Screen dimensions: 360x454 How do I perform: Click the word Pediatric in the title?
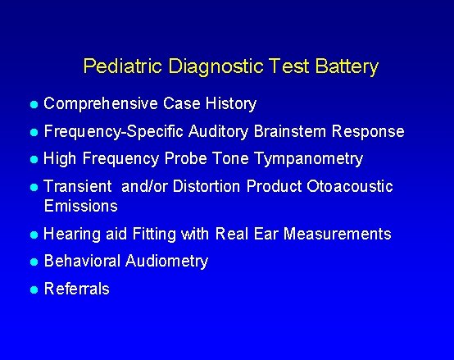[x=113, y=66]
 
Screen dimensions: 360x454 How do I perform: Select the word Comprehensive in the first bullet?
[x=101, y=104]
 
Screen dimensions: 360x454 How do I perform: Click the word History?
[x=231, y=104]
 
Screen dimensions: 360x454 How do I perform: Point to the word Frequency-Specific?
[x=114, y=132]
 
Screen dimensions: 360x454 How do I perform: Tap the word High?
[x=60, y=159]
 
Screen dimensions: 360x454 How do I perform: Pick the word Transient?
[x=78, y=187]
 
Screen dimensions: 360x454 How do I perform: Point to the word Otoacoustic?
[x=350, y=187]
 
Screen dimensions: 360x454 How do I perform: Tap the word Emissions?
[x=80, y=205]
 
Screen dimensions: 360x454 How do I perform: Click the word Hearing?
[x=73, y=235]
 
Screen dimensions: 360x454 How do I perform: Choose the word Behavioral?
[x=82, y=262]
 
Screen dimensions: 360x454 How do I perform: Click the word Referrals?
[x=76, y=289]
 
